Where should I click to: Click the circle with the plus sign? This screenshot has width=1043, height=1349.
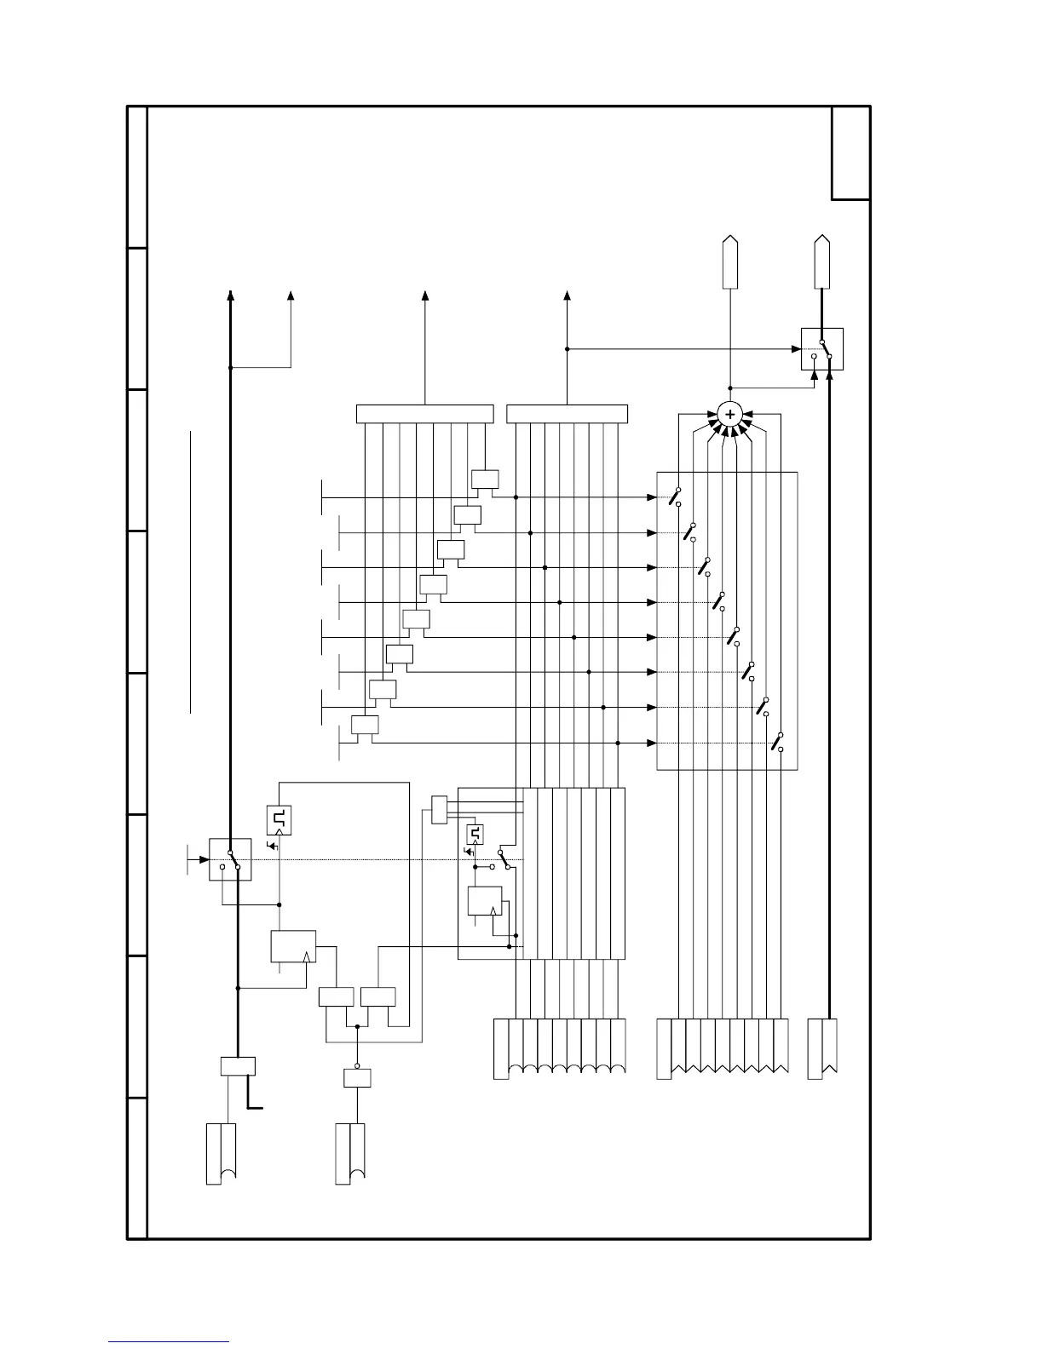point(729,413)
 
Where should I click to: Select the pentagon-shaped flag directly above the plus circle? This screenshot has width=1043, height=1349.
point(730,262)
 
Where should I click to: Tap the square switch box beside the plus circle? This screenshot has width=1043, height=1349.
point(821,349)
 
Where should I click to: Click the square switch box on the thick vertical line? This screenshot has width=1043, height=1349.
point(230,859)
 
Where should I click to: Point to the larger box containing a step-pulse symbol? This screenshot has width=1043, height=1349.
point(279,820)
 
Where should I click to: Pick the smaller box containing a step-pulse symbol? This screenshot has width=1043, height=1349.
point(475,834)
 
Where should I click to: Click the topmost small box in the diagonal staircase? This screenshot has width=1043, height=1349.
point(485,479)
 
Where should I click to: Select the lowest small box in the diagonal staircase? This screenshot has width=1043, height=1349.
point(365,725)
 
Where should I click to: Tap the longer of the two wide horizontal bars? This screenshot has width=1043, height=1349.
point(424,414)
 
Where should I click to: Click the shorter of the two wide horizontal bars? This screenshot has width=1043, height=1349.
point(567,414)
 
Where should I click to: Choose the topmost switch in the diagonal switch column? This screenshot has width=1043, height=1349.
point(676,497)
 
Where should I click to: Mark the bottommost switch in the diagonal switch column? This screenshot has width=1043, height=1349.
point(777,742)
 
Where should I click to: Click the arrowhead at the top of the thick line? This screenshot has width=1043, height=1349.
point(230,295)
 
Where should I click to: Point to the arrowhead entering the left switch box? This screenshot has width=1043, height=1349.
point(205,859)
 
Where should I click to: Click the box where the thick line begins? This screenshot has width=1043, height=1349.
point(238,1066)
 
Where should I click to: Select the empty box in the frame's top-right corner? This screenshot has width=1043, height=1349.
point(850,153)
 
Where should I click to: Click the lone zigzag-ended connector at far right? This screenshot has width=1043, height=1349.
point(822,1048)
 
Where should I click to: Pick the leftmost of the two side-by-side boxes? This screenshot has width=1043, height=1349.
point(336,997)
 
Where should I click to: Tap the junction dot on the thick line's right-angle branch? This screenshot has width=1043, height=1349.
point(230,368)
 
